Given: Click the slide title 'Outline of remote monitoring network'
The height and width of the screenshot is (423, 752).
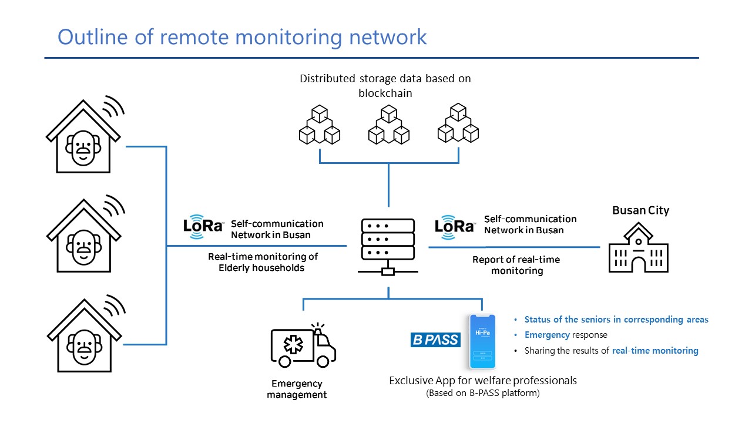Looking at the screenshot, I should pos(242,37).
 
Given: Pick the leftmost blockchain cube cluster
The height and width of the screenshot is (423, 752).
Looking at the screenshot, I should pos(320,125).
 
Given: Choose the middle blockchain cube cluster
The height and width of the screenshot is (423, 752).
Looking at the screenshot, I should pos(388,125).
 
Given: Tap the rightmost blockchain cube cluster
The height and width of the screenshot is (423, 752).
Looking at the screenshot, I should pos(458,125).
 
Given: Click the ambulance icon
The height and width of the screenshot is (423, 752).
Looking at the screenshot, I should pos(303,346).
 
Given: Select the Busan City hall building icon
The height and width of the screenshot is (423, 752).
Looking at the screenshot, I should pos(638,250).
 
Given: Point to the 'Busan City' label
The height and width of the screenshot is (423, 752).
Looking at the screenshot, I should pos(640,210).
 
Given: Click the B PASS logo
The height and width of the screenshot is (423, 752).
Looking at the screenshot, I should pos(435,340).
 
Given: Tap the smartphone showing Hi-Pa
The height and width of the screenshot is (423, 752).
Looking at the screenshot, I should pos(482,341).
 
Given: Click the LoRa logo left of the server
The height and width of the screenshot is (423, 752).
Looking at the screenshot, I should pos(203,226).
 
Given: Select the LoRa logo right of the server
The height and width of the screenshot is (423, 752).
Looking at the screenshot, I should pos(454,226).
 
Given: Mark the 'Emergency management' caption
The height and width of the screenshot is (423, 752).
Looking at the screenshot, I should pos(297,389).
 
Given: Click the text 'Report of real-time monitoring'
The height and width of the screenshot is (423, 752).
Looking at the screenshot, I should pos(516,265).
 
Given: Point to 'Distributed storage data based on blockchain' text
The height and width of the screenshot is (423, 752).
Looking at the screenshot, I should pos(385,85).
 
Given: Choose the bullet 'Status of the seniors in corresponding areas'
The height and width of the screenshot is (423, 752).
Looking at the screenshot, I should pos(616,320).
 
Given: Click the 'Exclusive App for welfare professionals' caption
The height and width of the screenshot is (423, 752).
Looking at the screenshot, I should pos(483,381).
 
